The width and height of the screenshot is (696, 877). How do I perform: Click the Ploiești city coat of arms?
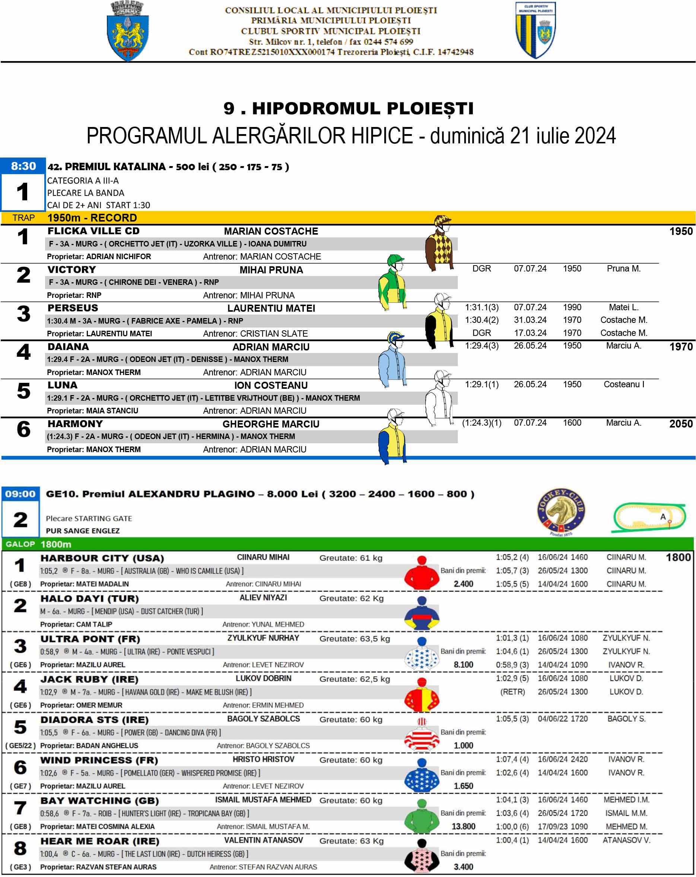(x=127, y=32)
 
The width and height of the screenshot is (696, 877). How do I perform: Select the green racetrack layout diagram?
(x=649, y=517)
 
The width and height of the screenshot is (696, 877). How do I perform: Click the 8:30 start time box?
(x=23, y=166)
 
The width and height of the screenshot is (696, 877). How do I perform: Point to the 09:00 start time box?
(x=20, y=494)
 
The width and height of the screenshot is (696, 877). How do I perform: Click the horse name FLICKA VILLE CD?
(x=93, y=231)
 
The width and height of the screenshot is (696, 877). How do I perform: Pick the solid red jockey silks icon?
(x=422, y=573)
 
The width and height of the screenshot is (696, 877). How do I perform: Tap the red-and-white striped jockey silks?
(x=422, y=736)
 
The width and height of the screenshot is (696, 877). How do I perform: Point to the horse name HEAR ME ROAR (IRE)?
(x=100, y=841)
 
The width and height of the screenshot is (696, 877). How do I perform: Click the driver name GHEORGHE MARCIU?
(x=271, y=424)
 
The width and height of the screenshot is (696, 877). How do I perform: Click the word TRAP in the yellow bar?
(x=23, y=217)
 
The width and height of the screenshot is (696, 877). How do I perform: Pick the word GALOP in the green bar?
(x=20, y=544)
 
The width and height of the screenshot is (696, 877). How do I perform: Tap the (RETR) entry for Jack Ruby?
(x=512, y=692)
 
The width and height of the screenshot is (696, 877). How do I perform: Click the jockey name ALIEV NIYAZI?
(x=263, y=598)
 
